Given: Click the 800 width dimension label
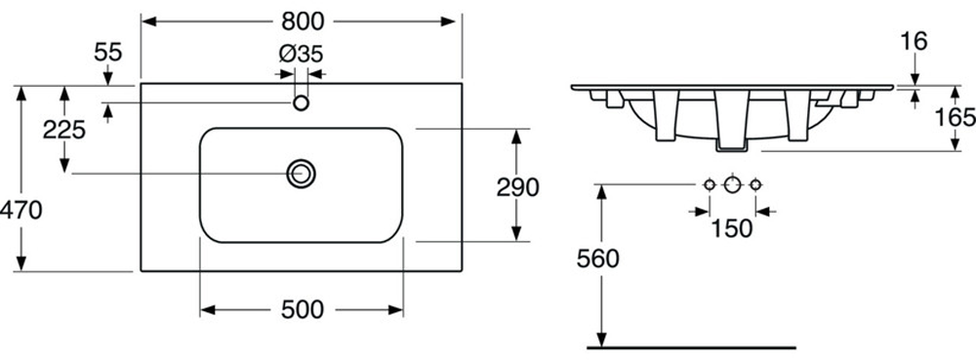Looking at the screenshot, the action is [303, 21].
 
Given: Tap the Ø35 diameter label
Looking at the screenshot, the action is [302, 55].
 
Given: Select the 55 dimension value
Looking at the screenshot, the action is [108, 53].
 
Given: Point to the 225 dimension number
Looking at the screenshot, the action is [63, 130].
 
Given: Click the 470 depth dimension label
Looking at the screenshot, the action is [20, 210].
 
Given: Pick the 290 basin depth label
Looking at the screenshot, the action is [517, 187].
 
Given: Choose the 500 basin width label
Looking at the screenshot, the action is [303, 309].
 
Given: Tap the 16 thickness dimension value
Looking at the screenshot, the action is [914, 41].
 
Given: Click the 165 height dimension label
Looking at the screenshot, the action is [956, 117].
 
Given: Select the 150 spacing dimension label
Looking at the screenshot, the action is [731, 229].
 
